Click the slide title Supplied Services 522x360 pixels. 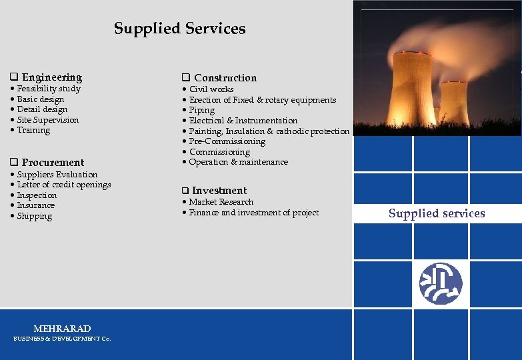coord(179,29)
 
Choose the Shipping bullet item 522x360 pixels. coord(34,216)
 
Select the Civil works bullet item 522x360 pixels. coord(211,89)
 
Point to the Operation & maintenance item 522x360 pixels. coord(238,162)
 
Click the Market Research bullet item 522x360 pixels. coord(221,202)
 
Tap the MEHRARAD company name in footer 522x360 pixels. coord(62,329)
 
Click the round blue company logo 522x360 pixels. coord(440,283)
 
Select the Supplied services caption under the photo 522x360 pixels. coord(437,213)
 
